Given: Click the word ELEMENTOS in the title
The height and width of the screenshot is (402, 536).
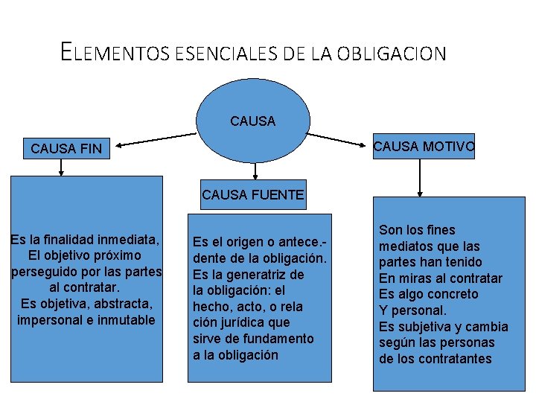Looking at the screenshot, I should (x=115, y=52).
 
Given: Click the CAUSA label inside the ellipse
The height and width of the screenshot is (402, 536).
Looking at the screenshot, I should (x=253, y=121).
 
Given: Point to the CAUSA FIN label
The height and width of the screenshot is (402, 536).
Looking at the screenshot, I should (x=66, y=149).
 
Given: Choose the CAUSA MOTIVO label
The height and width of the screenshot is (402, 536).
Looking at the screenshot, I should (x=423, y=147).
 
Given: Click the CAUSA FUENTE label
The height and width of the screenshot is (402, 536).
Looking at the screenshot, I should (x=253, y=196).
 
